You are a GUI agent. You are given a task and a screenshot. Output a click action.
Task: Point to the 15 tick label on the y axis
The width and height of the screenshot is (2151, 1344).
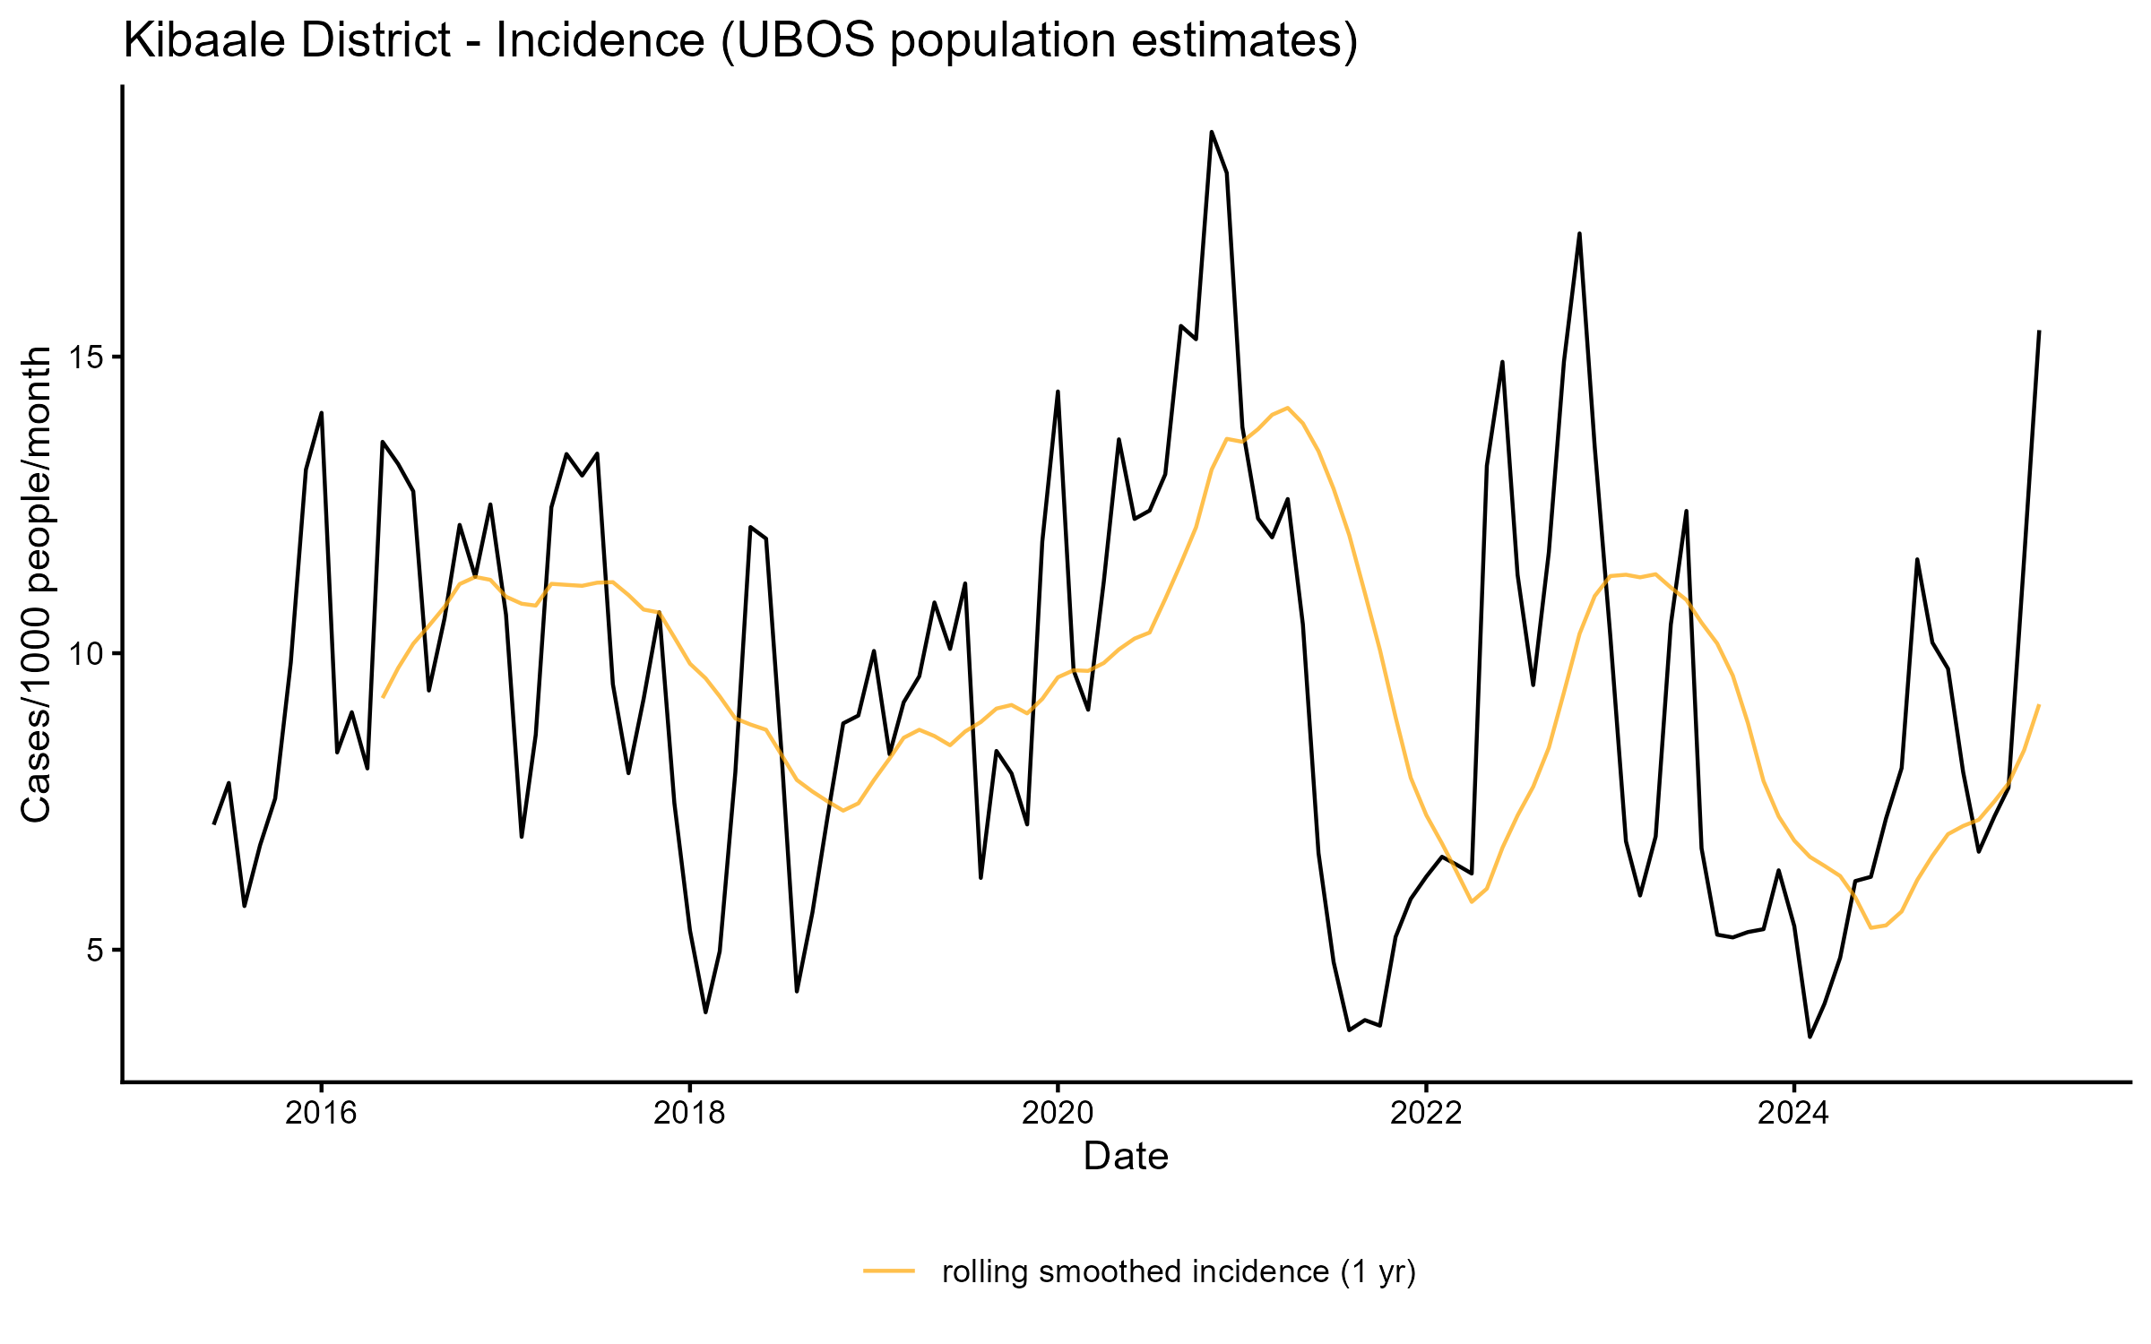87,358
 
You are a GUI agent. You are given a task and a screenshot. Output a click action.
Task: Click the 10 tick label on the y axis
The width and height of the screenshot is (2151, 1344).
87,654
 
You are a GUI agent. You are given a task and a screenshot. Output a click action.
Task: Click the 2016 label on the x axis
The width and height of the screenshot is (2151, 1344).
321,1114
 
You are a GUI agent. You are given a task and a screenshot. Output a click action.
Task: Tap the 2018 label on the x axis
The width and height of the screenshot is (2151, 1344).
689,1114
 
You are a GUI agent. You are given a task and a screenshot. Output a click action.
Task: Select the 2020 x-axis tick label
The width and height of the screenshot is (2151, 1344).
1058,1114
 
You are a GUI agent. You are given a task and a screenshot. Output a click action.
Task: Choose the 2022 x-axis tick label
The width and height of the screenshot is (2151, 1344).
1426,1114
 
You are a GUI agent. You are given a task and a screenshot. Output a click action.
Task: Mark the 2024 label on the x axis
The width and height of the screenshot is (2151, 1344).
1794,1114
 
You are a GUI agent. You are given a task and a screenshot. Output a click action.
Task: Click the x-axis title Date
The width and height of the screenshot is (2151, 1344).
1126,1157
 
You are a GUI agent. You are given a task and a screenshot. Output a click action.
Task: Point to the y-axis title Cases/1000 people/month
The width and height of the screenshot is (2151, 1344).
38,584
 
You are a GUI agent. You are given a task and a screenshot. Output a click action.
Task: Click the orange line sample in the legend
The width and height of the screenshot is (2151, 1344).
889,1271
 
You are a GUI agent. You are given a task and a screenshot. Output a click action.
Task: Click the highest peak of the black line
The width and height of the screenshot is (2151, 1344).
1212,132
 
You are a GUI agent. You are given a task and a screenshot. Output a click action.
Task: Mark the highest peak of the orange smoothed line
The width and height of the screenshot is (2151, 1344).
1287,408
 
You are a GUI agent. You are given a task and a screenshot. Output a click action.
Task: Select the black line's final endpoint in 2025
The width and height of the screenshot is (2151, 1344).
2039,332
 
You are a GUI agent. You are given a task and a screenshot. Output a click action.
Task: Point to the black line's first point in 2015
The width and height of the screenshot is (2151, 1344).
213,823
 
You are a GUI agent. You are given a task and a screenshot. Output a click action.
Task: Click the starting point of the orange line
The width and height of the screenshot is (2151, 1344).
383,696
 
